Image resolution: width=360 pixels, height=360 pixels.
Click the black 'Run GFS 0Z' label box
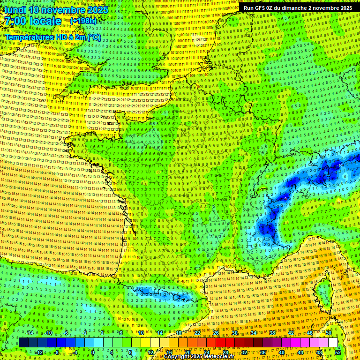tap(298, 8)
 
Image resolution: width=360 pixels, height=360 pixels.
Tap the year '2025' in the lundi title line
tap(97, 10)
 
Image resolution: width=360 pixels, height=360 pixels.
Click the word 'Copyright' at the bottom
tap(179, 357)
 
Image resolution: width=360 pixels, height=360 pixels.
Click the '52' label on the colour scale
tap(337, 352)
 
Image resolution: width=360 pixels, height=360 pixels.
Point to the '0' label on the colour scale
tap(93, 352)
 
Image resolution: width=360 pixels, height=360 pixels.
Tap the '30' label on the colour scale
tap(234, 333)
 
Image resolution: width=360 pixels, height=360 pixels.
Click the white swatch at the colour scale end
tap(333, 343)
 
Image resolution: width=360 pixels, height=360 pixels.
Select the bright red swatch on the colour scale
tap(220, 343)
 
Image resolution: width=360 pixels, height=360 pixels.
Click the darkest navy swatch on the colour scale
tap(23, 343)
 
